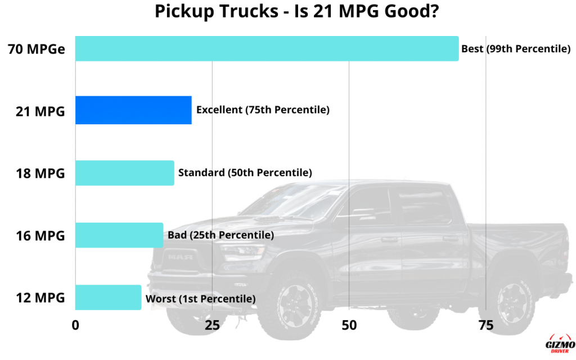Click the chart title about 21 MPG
[x=288, y=11]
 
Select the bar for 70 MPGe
[x=267, y=48]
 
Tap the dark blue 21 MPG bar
[x=133, y=110]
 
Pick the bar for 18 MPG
[x=124, y=173]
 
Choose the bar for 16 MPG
[x=119, y=235]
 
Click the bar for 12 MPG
[x=108, y=298]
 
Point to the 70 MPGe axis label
[x=37, y=49]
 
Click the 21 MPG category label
[x=40, y=111]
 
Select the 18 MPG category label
[x=40, y=173]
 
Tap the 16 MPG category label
[x=40, y=236]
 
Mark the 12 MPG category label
[x=40, y=298]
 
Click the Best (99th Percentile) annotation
[x=516, y=49]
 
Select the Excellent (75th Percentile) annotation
[x=262, y=110]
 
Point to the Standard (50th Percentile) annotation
[x=245, y=173]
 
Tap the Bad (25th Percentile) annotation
[x=220, y=235]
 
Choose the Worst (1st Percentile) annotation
[x=200, y=299]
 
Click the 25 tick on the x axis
[x=211, y=325]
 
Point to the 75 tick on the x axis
[x=485, y=325]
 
